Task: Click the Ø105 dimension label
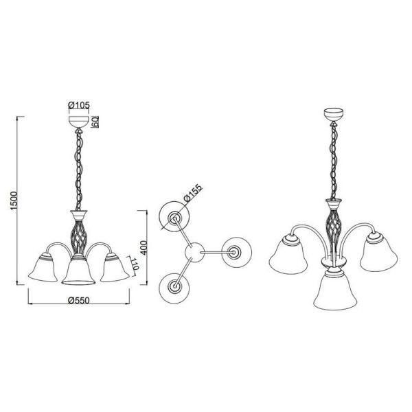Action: pos(80,105)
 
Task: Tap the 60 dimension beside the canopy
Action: pos(96,122)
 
